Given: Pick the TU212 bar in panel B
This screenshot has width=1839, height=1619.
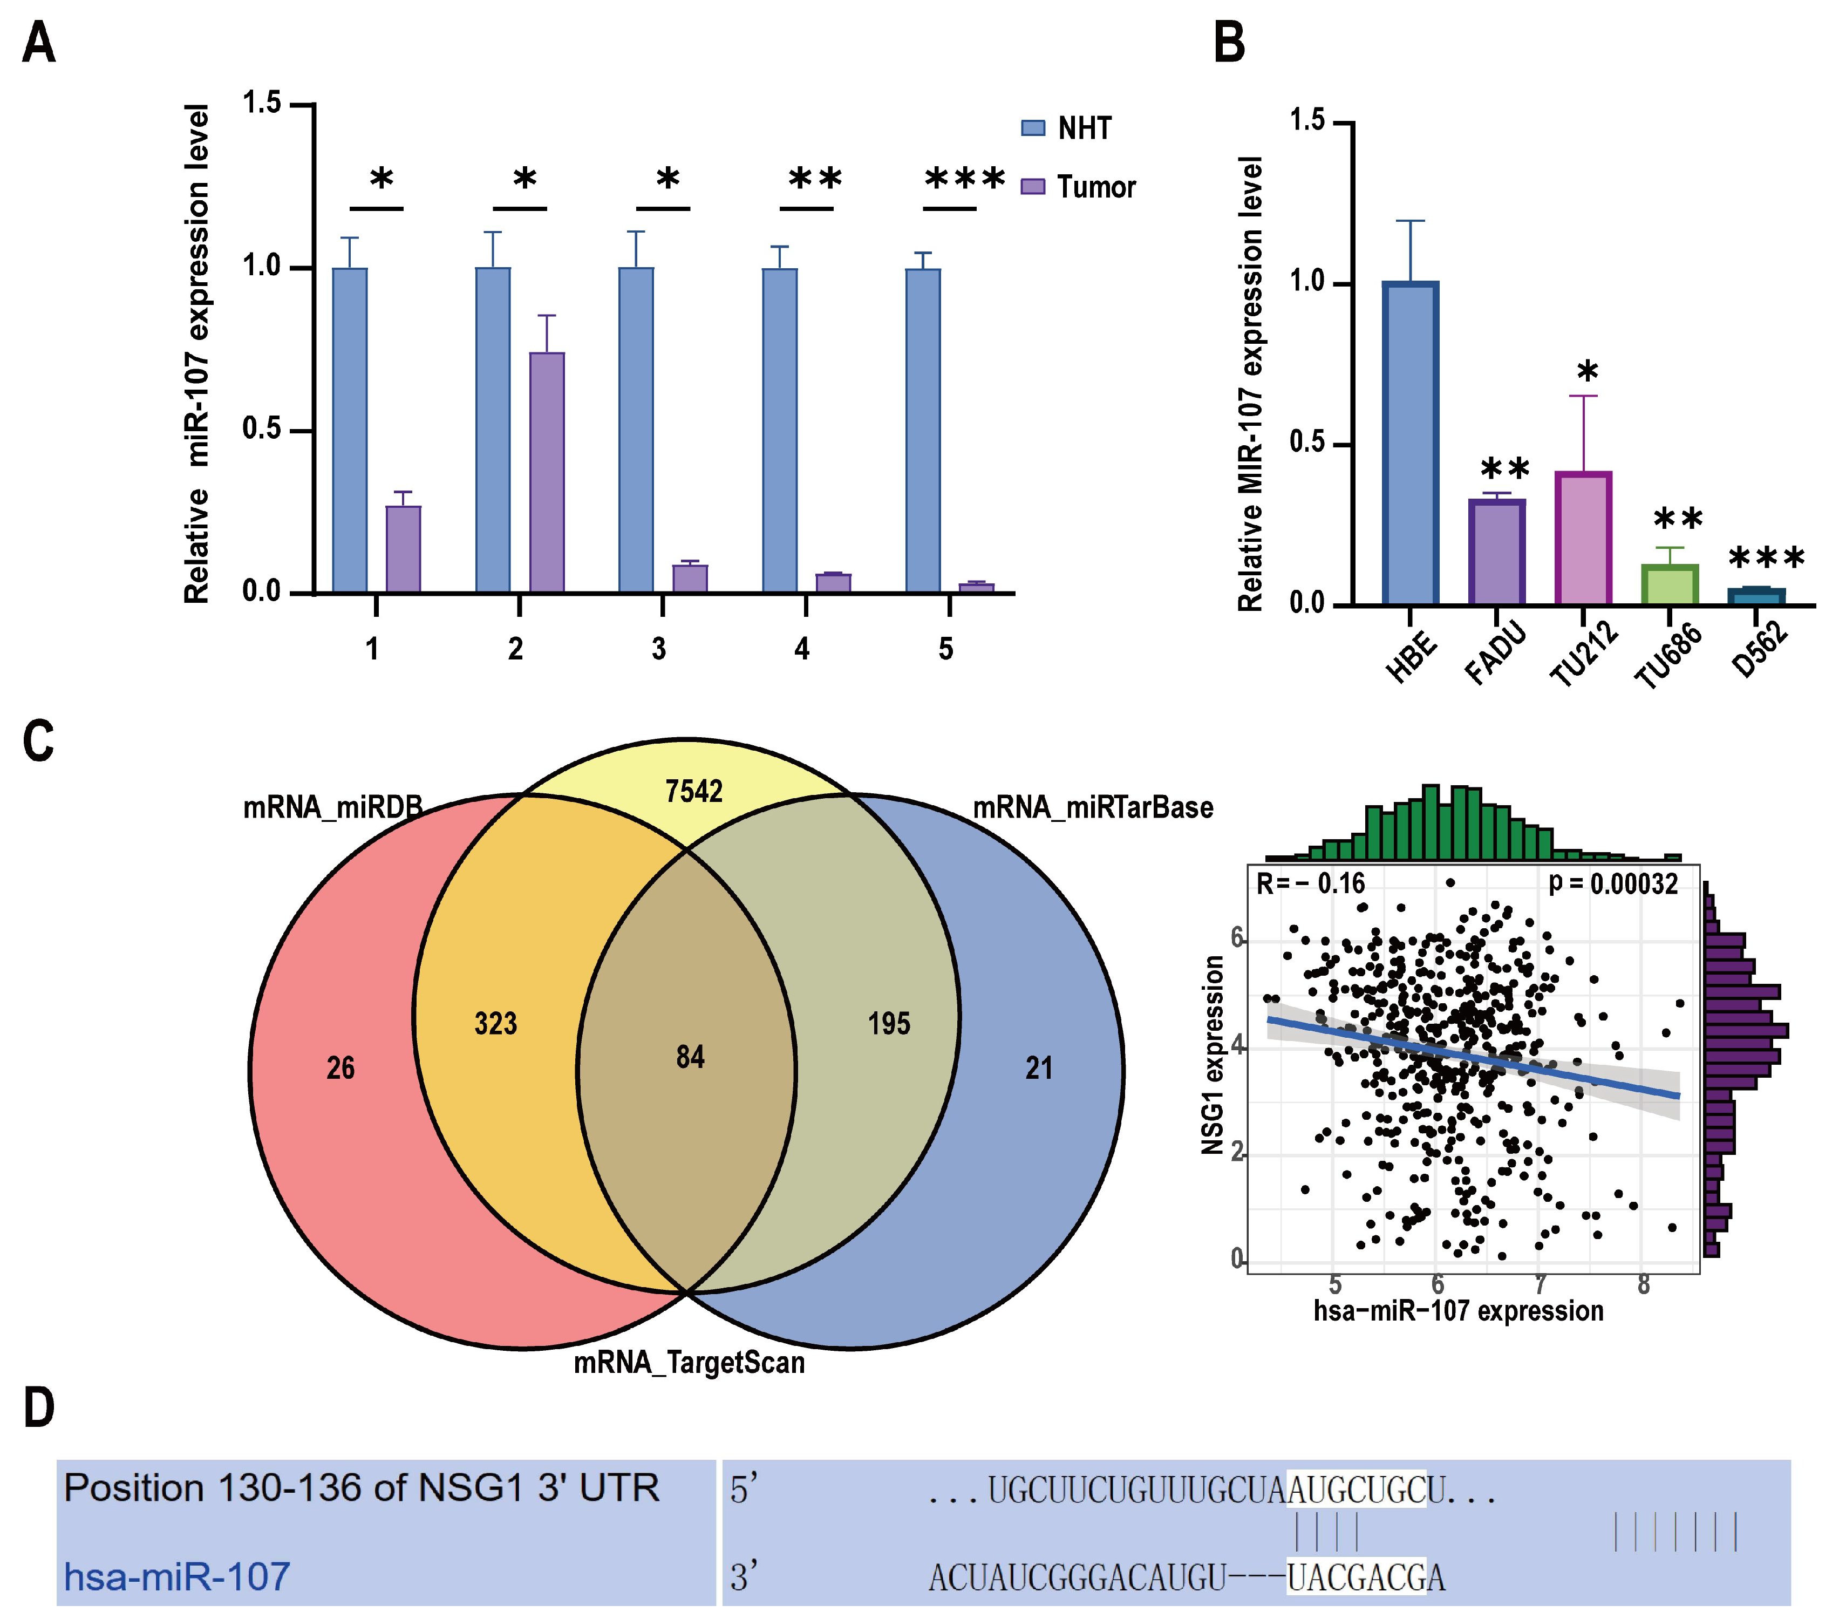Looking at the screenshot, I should point(1583,538).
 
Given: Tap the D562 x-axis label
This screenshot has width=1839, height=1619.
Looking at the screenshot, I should point(1759,650).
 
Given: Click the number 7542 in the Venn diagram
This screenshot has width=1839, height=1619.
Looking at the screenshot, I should point(694,791).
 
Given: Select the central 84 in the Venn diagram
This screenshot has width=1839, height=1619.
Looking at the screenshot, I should point(690,1057).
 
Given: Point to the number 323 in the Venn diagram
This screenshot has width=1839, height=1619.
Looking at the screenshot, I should point(496,1023).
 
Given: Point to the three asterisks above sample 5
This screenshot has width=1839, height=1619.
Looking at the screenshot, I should point(964,178).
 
